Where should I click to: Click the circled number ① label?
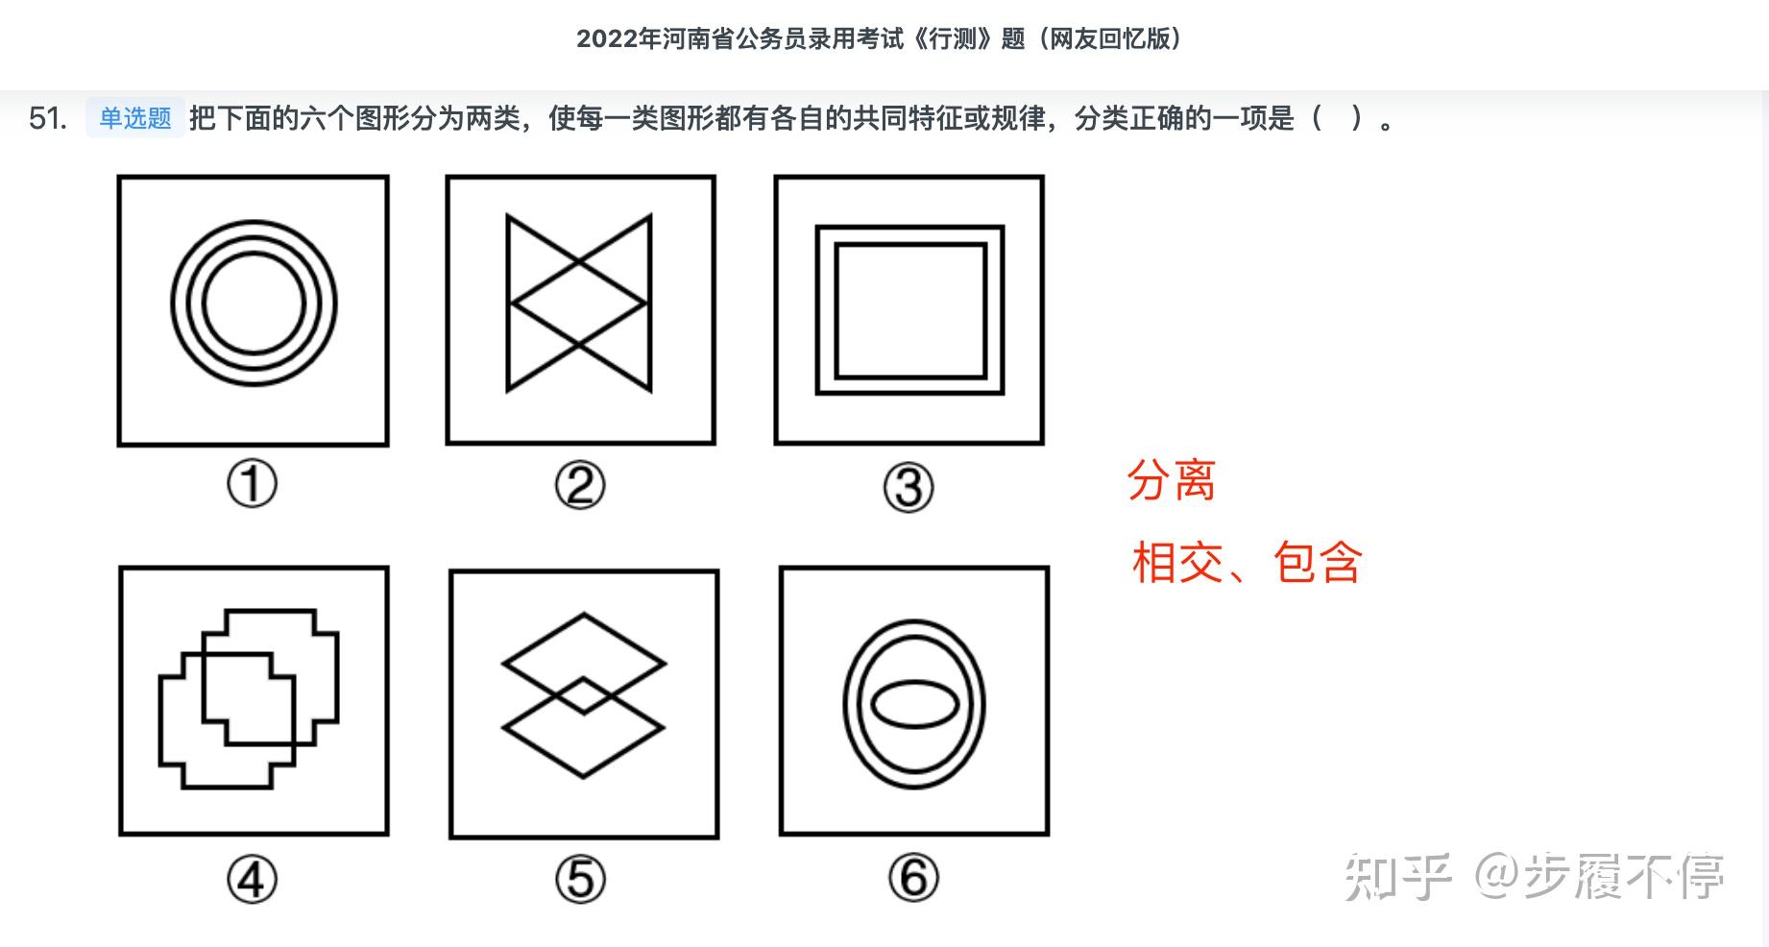pyautogui.click(x=252, y=483)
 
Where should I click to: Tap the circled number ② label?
pyautogui.click(x=580, y=485)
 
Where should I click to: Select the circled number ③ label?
pyautogui.click(x=909, y=487)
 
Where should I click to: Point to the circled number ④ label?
pyautogui.click(x=252, y=879)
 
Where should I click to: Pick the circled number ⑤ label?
pyautogui.click(x=580, y=879)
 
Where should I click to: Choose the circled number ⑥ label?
pyautogui.click(x=912, y=877)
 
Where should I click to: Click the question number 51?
pyautogui.click(x=48, y=118)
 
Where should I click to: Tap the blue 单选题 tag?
pyautogui.click(x=135, y=118)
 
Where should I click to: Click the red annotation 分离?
pyautogui.click(x=1171, y=480)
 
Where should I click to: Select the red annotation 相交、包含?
pyautogui.click(x=1247, y=563)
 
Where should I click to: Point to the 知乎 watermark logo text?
pyautogui.click(x=1397, y=876)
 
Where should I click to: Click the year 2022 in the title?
pyautogui.click(x=607, y=38)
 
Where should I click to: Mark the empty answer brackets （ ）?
pyautogui.click(x=1336, y=118)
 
